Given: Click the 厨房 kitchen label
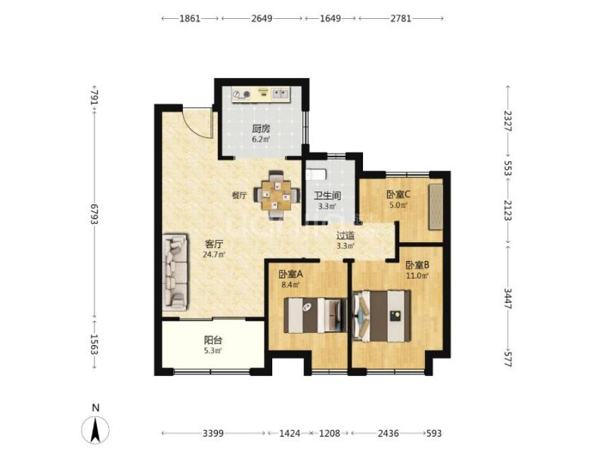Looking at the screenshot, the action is click(x=261, y=129).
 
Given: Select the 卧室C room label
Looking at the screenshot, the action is click(x=399, y=194).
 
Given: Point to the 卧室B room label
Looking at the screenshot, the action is click(x=417, y=266).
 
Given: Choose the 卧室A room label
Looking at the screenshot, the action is click(x=290, y=275).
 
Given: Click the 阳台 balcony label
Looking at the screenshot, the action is click(x=213, y=340).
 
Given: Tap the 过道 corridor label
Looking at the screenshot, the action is click(x=346, y=235).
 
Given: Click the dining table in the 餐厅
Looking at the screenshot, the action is click(x=277, y=195).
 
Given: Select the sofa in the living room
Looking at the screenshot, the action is click(x=176, y=272).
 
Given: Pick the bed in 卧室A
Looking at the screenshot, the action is click(x=315, y=315).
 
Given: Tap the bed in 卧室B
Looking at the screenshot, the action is click(x=382, y=316).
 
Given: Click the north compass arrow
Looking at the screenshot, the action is click(x=95, y=429).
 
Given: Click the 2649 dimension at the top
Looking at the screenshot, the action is click(x=262, y=18).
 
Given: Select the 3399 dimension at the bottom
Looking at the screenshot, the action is click(x=213, y=433).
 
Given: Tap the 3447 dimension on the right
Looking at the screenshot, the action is click(x=507, y=298).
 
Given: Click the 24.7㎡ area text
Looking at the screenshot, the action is click(x=214, y=254).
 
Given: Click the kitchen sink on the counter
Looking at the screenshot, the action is click(x=281, y=94).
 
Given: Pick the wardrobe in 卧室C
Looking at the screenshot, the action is click(x=436, y=207).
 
